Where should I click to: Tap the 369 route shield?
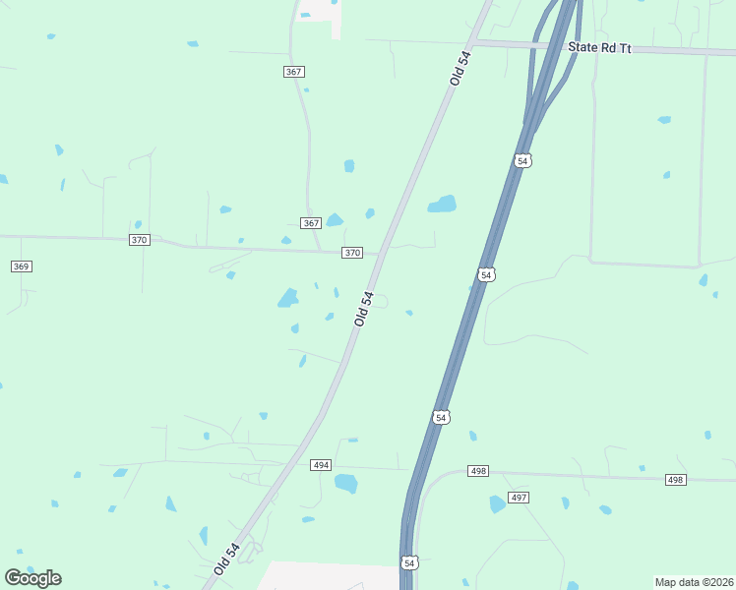point(21,266)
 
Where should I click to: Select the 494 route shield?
point(321,465)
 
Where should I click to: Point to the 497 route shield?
point(519,498)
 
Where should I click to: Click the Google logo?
point(32,577)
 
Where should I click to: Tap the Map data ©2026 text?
point(694,582)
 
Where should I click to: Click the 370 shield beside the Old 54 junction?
point(352,253)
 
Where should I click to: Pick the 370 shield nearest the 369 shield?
point(139,240)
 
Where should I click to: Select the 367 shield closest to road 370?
point(311,223)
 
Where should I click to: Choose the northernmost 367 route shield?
point(293,72)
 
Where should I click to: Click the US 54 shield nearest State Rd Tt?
point(522,160)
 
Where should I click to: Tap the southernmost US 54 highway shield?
point(409,562)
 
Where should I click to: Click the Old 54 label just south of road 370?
point(364,308)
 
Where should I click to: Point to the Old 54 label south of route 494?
point(226,559)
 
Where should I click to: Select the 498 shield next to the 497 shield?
point(478,472)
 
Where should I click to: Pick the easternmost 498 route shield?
point(674,479)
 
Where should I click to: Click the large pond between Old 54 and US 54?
point(442,205)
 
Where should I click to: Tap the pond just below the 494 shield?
point(345,483)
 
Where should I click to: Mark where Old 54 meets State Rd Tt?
point(473,42)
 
